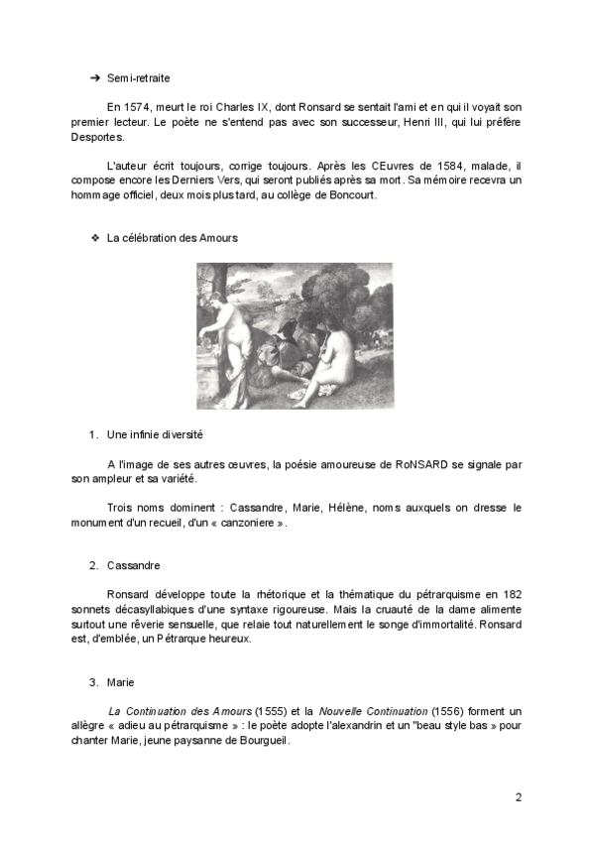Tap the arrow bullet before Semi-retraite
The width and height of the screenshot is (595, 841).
tap(95, 75)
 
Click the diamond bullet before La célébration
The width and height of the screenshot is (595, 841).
tap(95, 239)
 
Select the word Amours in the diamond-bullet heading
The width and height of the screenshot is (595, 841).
tap(217, 239)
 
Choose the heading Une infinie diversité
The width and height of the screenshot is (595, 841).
tap(155, 434)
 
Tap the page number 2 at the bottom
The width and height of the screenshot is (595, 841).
tap(518, 797)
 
